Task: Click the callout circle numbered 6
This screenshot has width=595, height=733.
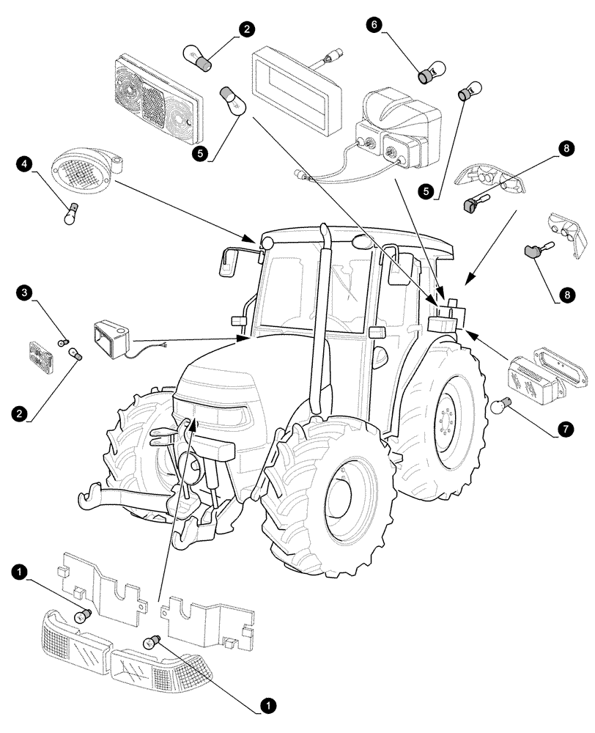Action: click(x=375, y=26)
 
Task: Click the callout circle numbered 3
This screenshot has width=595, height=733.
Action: click(x=25, y=293)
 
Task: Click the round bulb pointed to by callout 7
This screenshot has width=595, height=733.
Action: click(x=504, y=402)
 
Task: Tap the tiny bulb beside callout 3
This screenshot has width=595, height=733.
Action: click(x=63, y=342)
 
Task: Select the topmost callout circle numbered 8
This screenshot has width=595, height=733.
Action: click(x=563, y=148)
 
